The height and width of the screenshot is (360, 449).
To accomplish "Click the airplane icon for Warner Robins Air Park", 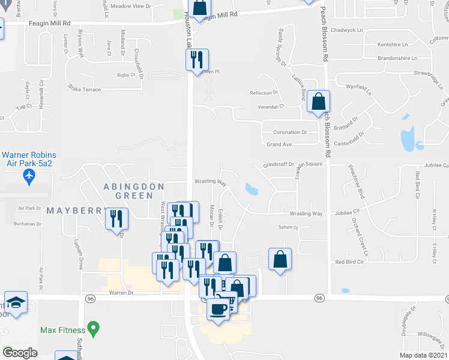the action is click(28, 176).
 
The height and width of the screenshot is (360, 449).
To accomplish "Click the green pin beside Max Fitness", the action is click(92, 329).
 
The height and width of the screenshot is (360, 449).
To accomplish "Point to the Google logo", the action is click(20, 353).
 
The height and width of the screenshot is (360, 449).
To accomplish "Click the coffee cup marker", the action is click(217, 310).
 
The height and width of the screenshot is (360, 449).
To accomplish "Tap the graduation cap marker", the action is click(16, 302).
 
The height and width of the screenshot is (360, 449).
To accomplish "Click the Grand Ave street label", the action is click(279, 145).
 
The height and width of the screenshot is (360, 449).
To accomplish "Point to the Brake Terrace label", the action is click(85, 89).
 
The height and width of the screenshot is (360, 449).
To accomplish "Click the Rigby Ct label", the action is click(127, 75).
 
